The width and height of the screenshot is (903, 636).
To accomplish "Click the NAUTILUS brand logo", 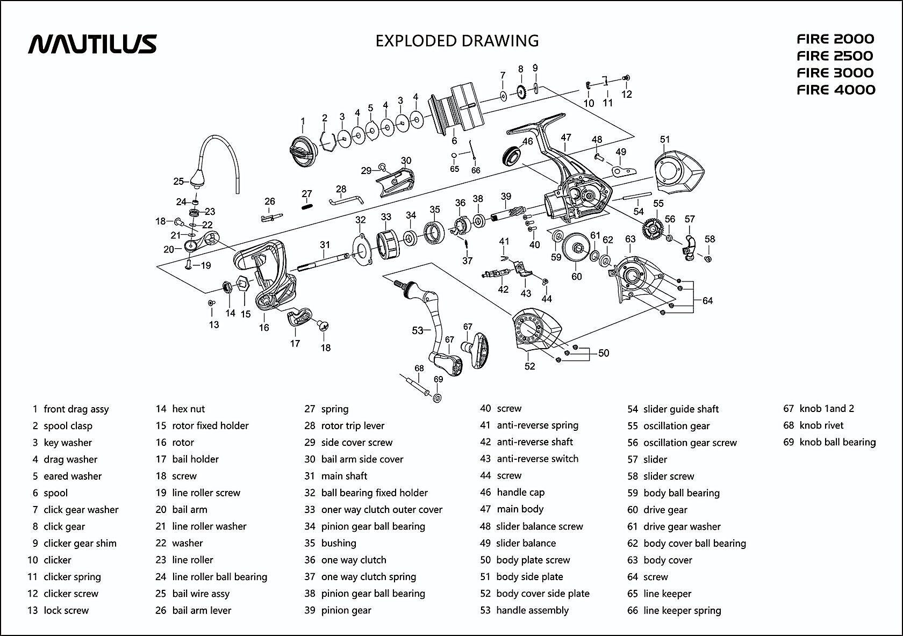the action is [x=92, y=44].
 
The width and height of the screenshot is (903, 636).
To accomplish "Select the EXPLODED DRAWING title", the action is [x=457, y=41].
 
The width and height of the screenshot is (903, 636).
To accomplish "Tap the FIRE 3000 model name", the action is [x=835, y=73].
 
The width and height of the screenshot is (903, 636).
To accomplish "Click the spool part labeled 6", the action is [x=457, y=108].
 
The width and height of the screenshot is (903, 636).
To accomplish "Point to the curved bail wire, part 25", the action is [x=217, y=163].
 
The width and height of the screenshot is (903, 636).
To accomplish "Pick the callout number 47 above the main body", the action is [x=566, y=138].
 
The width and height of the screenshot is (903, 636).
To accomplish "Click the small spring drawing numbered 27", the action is [x=307, y=206].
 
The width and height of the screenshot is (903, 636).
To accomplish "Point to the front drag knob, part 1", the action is [x=303, y=151].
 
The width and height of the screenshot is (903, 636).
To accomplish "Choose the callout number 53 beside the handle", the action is [x=418, y=331].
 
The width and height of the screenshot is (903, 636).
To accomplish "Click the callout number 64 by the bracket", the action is [x=707, y=300].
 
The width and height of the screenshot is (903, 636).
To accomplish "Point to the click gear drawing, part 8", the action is [x=521, y=93].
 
